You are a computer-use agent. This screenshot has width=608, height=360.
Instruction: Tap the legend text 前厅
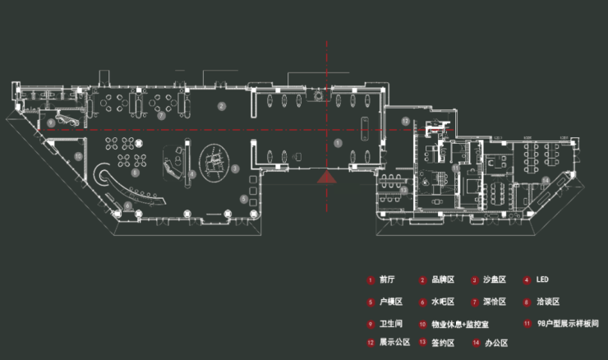tap(387, 280)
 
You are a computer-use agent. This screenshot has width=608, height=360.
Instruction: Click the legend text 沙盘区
tap(494, 280)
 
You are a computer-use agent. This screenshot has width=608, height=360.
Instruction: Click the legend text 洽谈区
tap(548, 302)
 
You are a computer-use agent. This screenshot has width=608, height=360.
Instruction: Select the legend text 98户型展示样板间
tap(568, 324)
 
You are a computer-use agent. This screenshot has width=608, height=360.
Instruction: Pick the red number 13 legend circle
tap(422, 343)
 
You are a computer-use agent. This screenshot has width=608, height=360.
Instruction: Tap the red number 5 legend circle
tap(371, 302)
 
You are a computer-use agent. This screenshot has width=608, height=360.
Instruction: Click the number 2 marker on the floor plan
tap(221, 107)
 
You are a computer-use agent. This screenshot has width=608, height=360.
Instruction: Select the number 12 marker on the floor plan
tap(405, 122)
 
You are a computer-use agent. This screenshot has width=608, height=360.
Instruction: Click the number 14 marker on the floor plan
tap(546, 179)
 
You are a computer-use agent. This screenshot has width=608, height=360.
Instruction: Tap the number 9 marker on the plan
tap(51, 122)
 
